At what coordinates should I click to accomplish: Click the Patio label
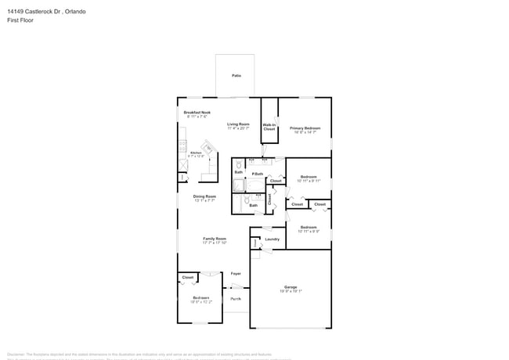tap(236, 75)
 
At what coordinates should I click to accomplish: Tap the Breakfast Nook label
tap(197, 112)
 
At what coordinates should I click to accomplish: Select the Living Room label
tap(238, 124)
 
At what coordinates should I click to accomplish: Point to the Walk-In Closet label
tap(269, 127)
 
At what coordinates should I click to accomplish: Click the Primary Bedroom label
tap(305, 128)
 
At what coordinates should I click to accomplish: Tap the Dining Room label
tap(205, 196)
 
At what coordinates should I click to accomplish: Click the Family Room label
tap(215, 239)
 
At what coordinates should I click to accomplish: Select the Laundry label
tap(272, 239)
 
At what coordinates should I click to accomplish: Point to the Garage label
tap(291, 286)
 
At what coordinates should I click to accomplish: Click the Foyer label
tap(235, 273)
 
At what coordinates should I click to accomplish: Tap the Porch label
tap(235, 299)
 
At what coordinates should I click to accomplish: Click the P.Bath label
tap(257, 173)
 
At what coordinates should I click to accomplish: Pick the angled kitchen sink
tap(208, 147)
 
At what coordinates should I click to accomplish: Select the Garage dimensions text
tap(291, 291)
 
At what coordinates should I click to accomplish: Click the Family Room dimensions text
tap(215, 243)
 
